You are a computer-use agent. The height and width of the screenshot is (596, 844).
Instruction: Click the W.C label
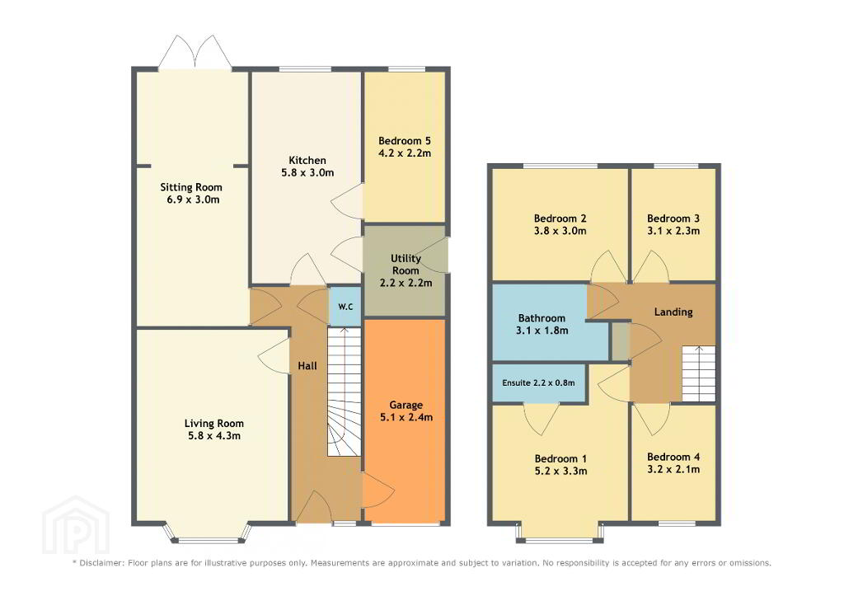[345, 307]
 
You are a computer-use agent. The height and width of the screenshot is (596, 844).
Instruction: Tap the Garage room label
[406, 405]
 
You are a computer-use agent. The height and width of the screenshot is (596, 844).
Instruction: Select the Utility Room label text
[406, 265]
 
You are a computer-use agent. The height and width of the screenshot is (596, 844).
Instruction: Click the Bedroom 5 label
[404, 140]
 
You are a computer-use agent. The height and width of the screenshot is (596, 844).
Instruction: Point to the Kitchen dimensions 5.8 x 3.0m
[307, 172]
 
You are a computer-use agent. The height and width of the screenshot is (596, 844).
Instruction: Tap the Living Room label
[213, 423]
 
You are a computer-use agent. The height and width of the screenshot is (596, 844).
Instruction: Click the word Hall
[307, 365]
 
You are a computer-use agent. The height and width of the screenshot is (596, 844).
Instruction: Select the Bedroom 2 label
[560, 218]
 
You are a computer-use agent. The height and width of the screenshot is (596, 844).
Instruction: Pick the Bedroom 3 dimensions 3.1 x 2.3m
[673, 231]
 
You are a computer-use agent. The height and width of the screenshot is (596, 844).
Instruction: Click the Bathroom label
[542, 317]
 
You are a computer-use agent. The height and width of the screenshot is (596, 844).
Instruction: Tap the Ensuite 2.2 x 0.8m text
[538, 382]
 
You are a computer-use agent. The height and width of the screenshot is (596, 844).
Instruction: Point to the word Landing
[673, 312]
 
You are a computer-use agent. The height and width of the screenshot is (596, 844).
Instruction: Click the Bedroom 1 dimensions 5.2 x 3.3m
[560, 471]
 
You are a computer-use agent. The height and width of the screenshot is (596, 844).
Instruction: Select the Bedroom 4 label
[673, 457]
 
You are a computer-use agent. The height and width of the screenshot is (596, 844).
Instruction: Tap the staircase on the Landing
[699, 373]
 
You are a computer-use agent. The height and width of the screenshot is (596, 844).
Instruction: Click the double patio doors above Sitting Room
[195, 52]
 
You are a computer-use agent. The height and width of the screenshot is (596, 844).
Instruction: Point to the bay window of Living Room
[207, 533]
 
